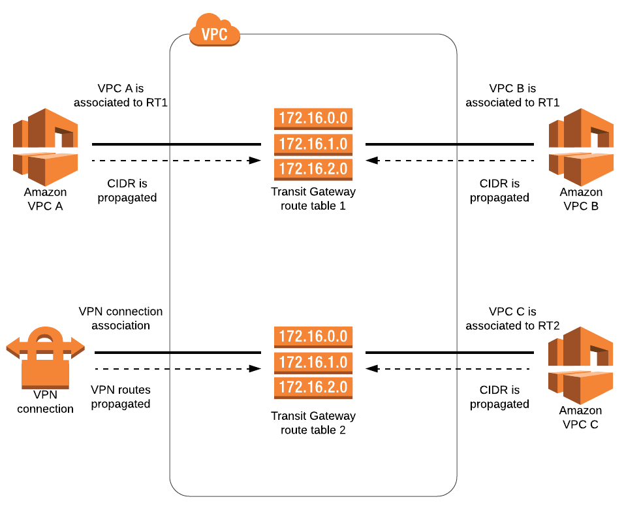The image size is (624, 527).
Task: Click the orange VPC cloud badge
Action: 215,33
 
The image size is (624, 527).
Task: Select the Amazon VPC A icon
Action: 45,146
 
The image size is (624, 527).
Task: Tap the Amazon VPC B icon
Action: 581,146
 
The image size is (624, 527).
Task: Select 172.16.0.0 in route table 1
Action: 313,119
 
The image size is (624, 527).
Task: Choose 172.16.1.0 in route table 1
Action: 313,144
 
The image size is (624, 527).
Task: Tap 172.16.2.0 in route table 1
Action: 313,168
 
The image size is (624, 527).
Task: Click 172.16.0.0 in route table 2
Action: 313,337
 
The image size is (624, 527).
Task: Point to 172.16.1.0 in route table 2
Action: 313,362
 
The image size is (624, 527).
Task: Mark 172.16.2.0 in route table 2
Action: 313,387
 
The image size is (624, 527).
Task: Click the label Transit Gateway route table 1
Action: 313,199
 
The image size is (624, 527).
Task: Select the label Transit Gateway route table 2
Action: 313,423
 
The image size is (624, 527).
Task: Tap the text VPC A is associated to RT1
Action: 121,95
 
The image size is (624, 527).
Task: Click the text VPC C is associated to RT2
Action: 512,318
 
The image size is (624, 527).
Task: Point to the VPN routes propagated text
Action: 121,396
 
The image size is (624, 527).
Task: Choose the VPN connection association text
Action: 121,318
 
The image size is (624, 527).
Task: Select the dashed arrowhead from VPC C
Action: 371,369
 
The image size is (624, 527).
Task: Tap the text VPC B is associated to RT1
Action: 512,95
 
